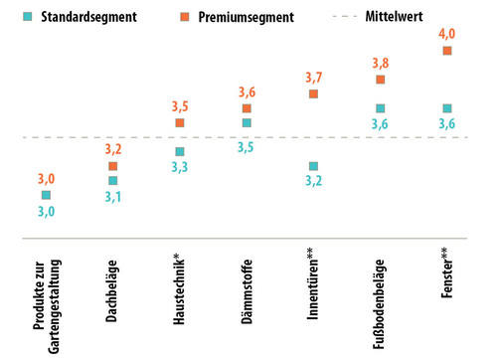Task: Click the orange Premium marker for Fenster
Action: tap(447, 51)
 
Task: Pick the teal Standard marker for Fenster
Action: tap(447, 108)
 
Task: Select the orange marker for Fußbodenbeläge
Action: tap(380, 80)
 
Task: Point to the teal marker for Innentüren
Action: tap(313, 166)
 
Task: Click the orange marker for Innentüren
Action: tap(313, 93)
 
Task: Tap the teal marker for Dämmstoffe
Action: tap(247, 122)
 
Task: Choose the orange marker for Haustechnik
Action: tap(180, 122)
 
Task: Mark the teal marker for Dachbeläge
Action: tap(113, 181)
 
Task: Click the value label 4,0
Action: tap(446, 32)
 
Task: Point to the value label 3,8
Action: tap(380, 61)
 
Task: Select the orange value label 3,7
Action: tap(313, 76)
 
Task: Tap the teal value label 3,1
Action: tap(113, 198)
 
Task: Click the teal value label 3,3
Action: tap(180, 169)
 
